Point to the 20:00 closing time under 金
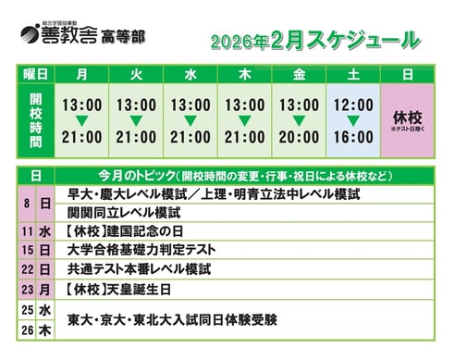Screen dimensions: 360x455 point(299,137)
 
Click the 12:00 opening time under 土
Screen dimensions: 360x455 point(352,105)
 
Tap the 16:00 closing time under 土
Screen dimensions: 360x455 point(352,137)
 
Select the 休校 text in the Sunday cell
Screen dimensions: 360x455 point(407,118)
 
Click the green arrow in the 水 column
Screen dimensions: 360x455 point(191,121)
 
